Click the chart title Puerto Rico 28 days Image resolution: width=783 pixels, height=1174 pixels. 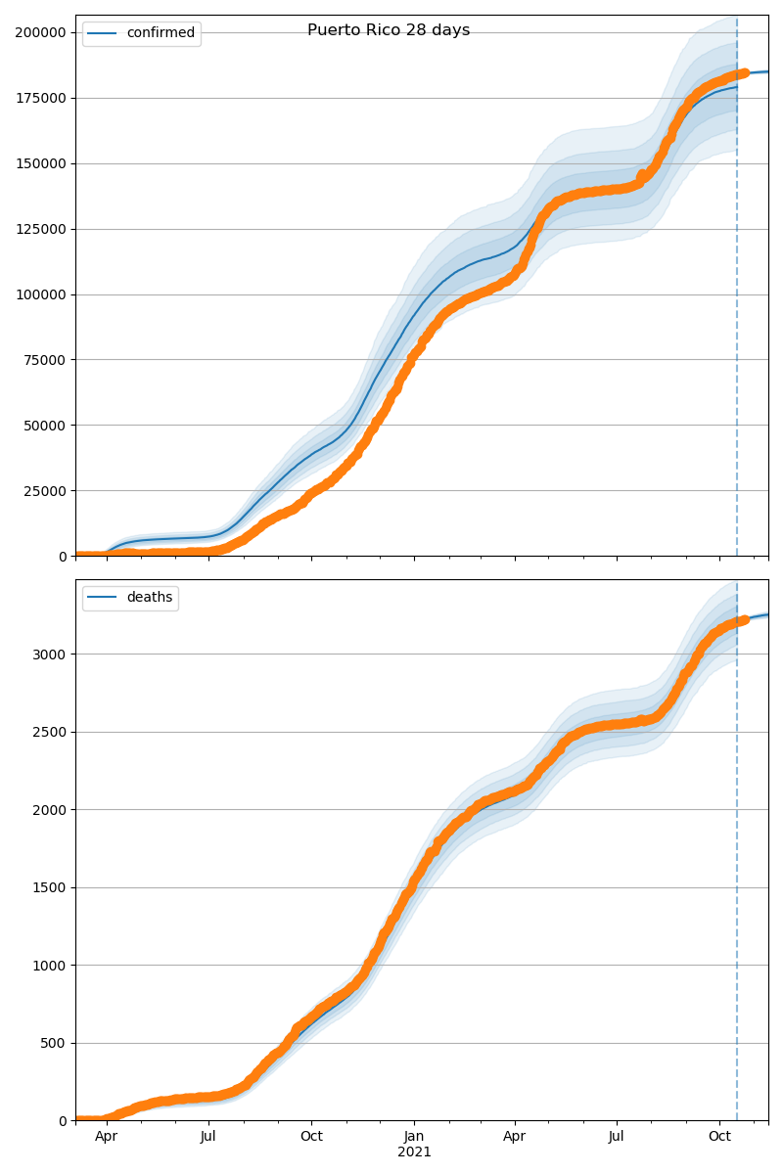point(389,30)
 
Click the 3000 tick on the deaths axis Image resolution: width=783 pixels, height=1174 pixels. point(49,654)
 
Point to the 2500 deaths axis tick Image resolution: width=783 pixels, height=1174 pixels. point(49,732)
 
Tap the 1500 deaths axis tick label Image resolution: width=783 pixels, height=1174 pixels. point(49,887)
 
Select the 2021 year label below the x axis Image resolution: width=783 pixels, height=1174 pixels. point(414,1151)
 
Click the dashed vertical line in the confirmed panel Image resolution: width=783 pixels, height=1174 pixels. point(737,293)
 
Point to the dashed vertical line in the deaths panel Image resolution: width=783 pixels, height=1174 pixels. point(737,880)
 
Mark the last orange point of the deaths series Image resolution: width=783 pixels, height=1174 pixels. point(745,619)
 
